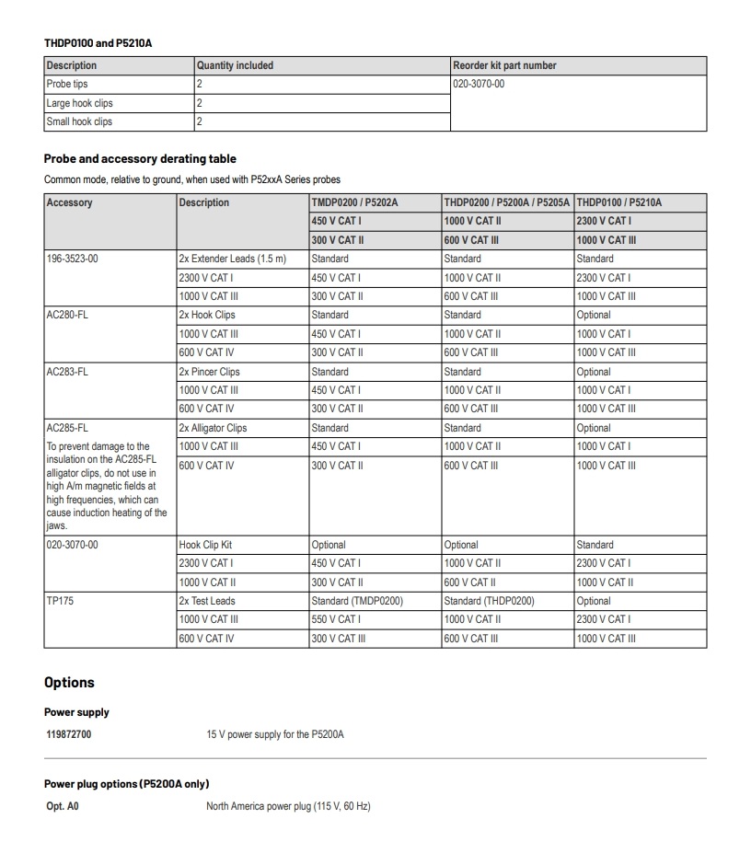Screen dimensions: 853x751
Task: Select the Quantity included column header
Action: pos(235,65)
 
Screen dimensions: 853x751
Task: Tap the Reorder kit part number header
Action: pos(504,65)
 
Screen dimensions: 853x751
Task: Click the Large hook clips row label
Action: pos(79,103)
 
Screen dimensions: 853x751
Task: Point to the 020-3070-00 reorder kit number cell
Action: pos(479,84)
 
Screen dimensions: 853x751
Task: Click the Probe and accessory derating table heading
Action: pos(140,158)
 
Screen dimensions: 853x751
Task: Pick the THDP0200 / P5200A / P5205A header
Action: pos(507,202)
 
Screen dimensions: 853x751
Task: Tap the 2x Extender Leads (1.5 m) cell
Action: pos(233,259)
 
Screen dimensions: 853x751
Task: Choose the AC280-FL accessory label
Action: pos(67,315)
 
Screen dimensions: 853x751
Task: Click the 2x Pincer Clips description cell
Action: pos(209,372)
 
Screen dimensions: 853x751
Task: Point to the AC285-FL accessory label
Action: pos(67,428)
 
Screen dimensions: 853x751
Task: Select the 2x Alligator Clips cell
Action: pos(213,428)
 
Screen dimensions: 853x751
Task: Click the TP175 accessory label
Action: pos(58,601)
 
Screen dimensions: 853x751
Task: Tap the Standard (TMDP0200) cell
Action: pos(357,601)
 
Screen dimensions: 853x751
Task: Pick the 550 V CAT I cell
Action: pos(336,619)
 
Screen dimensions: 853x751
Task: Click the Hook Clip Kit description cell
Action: pos(205,545)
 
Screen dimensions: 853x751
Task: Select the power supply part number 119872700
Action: pos(68,734)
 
